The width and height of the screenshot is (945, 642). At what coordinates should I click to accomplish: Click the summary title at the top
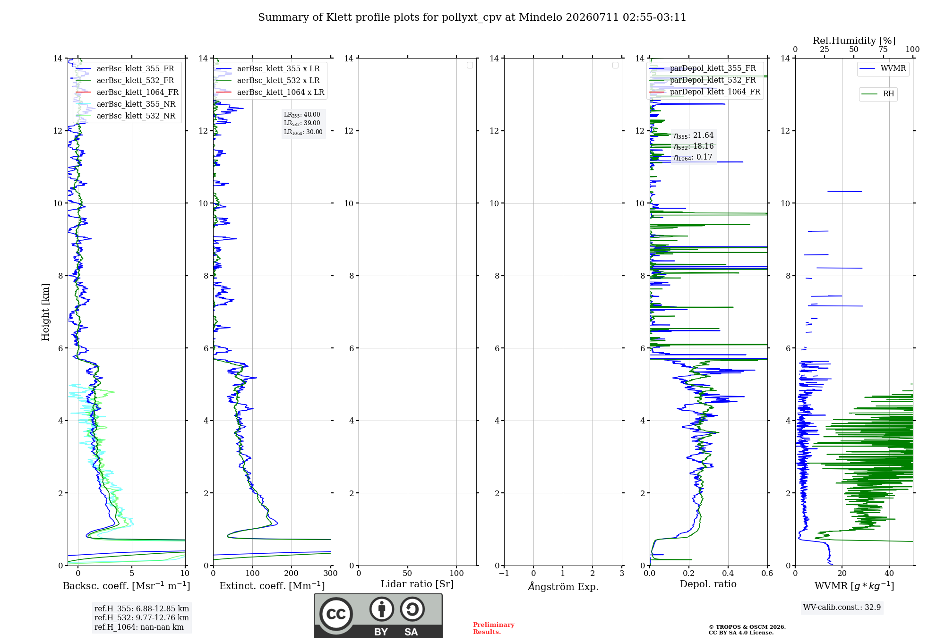coord(472,17)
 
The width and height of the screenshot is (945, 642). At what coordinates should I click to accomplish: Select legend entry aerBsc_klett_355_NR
coord(126,104)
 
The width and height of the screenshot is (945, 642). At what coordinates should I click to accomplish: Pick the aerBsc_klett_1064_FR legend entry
coord(127,92)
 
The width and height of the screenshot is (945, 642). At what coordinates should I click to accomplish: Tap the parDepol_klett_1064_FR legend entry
coord(704,92)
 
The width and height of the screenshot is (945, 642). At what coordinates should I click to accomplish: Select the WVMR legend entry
coord(883,68)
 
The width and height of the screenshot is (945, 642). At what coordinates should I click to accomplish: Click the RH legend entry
coord(877,94)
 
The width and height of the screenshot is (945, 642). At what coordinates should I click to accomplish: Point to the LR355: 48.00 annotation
coord(302,115)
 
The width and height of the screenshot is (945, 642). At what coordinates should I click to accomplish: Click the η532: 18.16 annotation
coord(694,146)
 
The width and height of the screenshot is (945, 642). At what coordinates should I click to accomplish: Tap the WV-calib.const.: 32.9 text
coord(842,607)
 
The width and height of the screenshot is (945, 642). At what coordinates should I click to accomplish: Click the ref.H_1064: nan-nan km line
coord(139,627)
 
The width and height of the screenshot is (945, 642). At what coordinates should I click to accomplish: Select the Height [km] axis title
coord(45,312)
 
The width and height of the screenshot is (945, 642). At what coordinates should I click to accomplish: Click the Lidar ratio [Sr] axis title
coord(417,584)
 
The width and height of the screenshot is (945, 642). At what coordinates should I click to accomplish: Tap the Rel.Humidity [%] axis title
coord(854,41)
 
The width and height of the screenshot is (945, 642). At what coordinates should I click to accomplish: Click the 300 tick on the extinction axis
coord(331,573)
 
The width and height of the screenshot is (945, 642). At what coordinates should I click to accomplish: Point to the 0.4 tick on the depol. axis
coord(728,573)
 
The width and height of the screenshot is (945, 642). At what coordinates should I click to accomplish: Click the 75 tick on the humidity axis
coord(883,50)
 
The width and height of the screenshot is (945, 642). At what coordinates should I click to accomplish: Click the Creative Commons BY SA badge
coord(378,616)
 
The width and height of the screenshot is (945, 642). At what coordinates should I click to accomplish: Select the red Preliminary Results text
coord(493,628)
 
